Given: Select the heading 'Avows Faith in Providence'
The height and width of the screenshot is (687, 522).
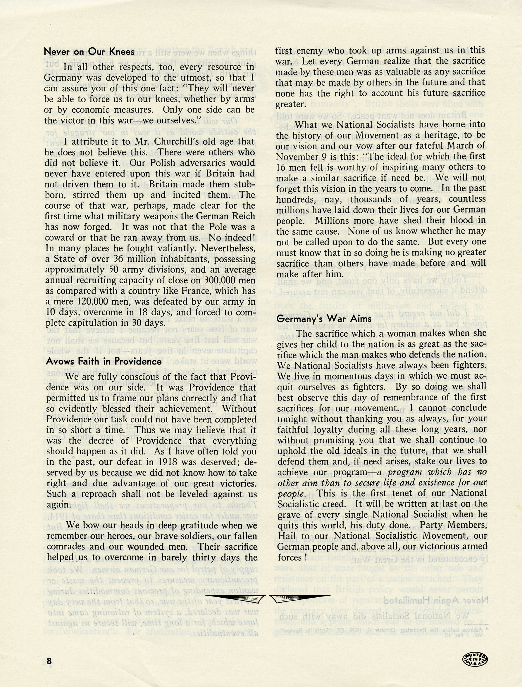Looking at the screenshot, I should pos(104,361).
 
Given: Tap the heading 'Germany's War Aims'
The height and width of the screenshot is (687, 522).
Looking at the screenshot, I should pos(324,319).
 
